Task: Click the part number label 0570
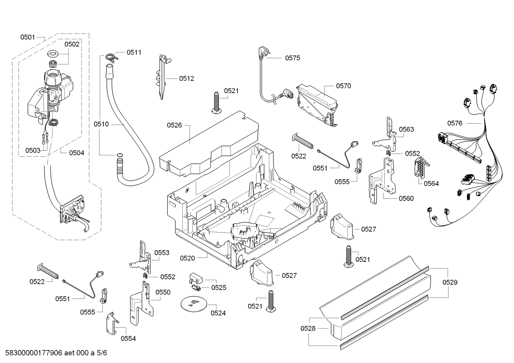point(343,86)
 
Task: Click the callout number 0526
point(174,125)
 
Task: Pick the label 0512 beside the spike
point(186,78)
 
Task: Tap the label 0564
point(431,183)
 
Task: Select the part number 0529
point(450,282)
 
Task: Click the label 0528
point(308,328)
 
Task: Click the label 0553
point(162,253)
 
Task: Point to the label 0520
point(187,258)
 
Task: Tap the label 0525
point(219,287)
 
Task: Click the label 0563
point(406,129)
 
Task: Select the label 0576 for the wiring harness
point(455,123)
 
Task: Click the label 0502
point(72,44)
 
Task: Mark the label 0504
point(77,153)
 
